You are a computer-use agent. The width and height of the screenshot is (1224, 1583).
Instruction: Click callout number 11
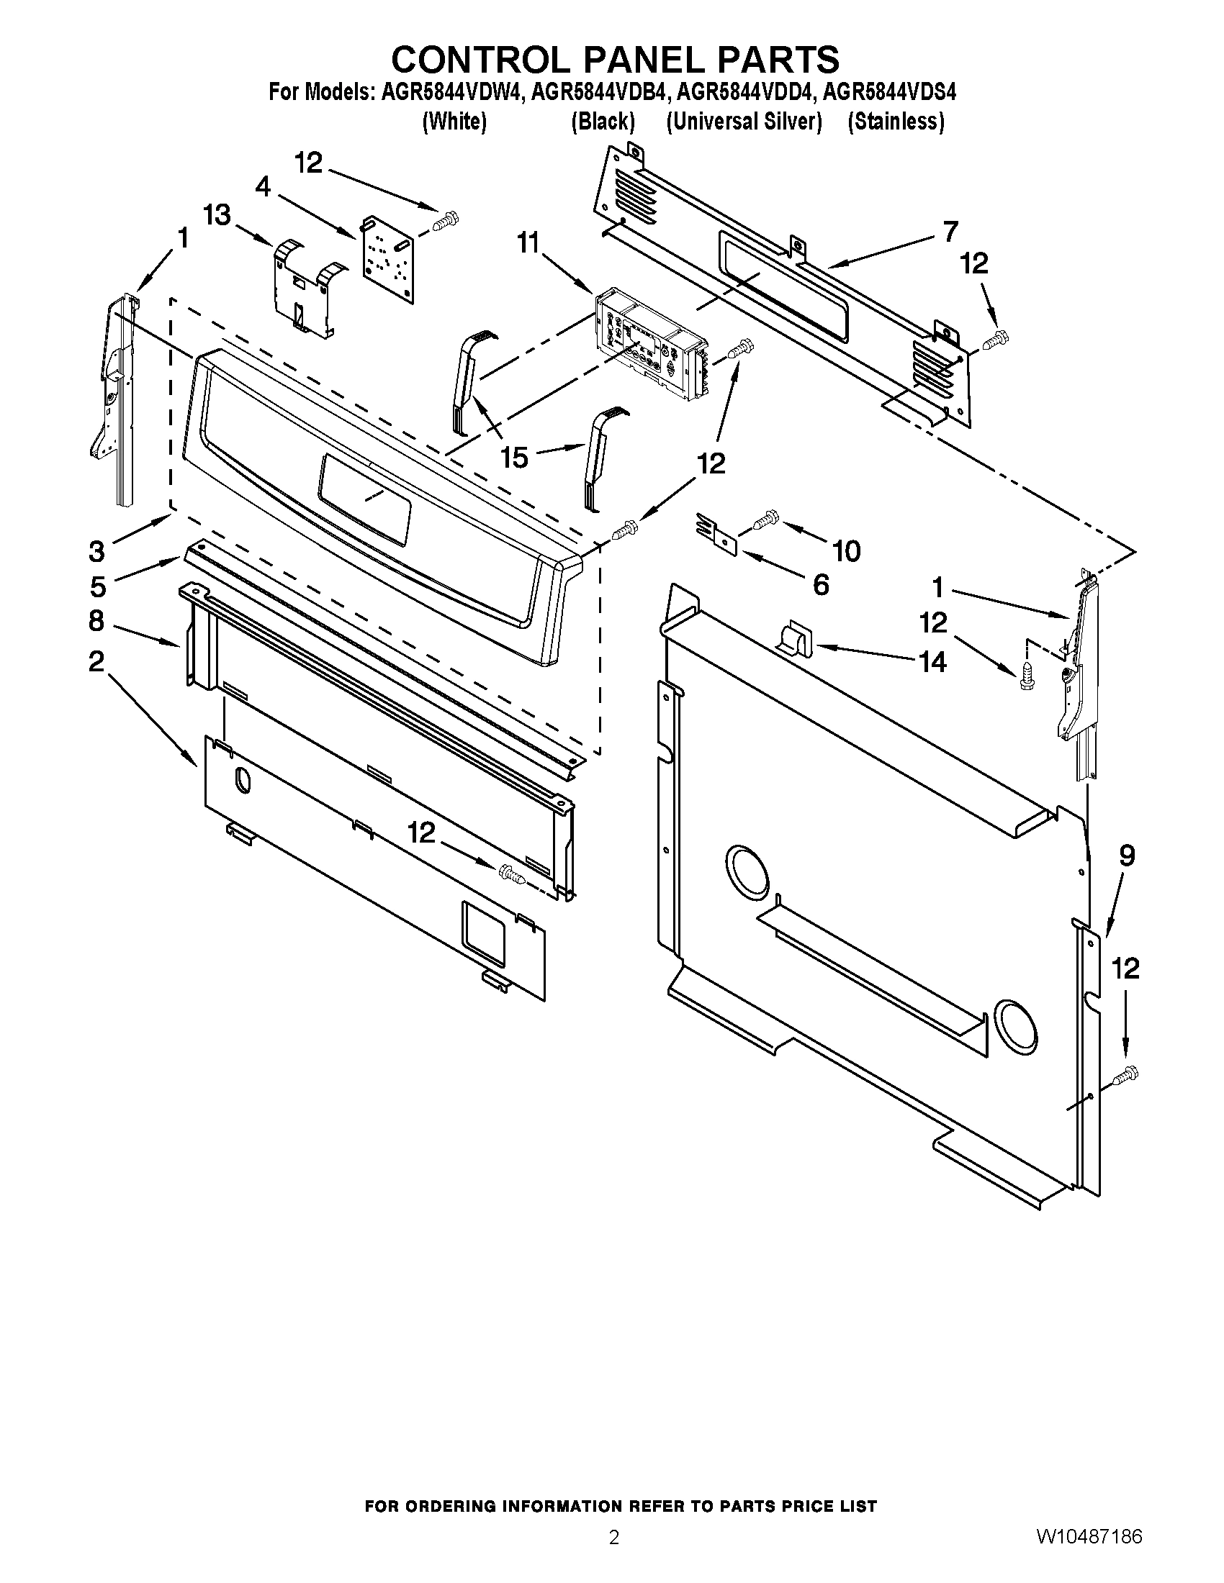pos(528,243)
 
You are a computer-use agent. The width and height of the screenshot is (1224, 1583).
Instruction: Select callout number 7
pos(950,231)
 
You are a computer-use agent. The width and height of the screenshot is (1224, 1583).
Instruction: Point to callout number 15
pos(514,458)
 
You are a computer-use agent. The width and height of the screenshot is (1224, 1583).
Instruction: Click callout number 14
pos(932,661)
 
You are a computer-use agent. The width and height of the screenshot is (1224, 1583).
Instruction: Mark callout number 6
pos(821,584)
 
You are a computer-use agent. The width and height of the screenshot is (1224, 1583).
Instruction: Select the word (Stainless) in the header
pos(896,122)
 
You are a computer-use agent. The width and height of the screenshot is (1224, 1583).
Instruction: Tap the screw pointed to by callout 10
pos(763,519)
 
